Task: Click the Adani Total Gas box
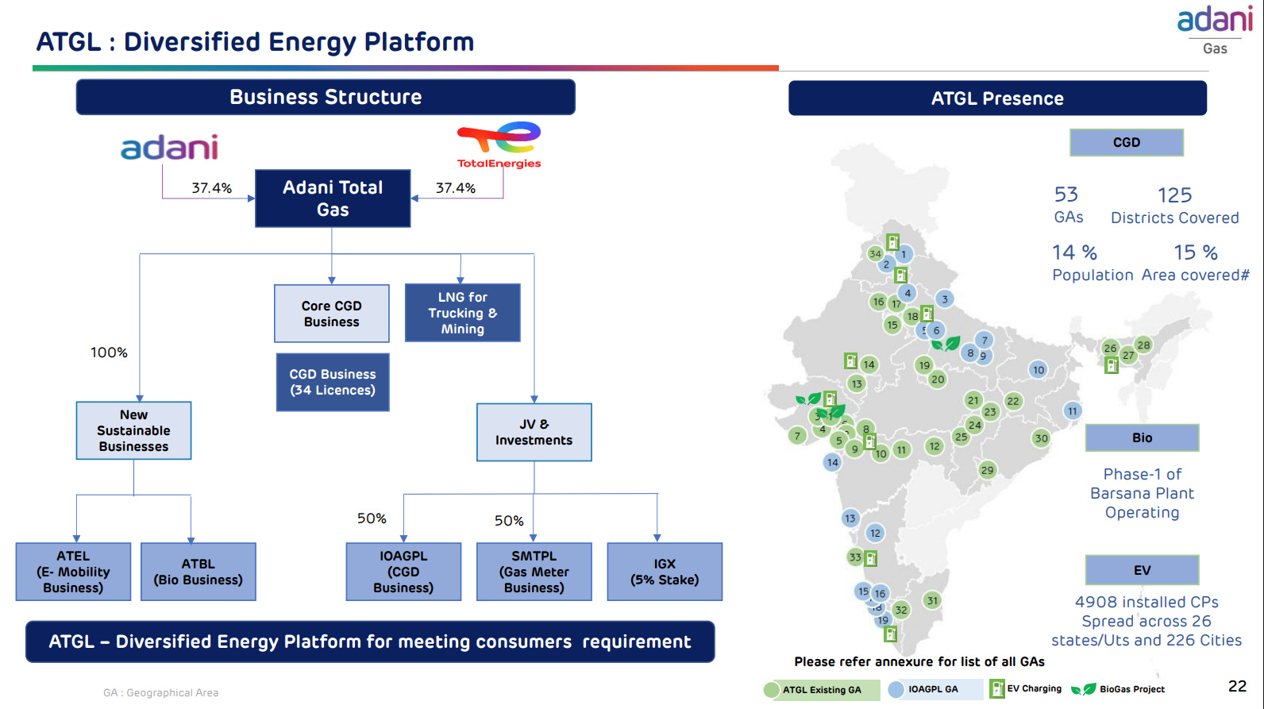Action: pyautogui.click(x=333, y=198)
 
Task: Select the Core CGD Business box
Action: pyautogui.click(x=332, y=314)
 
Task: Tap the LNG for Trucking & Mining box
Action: pyautogui.click(x=463, y=313)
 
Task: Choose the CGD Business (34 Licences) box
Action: pyautogui.click(x=333, y=382)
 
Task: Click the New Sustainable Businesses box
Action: pyautogui.click(x=133, y=430)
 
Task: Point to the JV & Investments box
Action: pyautogui.click(x=534, y=432)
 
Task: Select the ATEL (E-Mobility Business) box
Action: pyautogui.click(x=73, y=572)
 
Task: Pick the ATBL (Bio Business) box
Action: pyautogui.click(x=198, y=572)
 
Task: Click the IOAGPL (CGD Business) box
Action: pyautogui.click(x=403, y=572)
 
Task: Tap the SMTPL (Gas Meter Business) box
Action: pyautogui.click(x=534, y=572)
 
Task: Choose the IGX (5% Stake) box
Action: pyautogui.click(x=665, y=572)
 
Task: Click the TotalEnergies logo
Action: pyautogui.click(x=499, y=145)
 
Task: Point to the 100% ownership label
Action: pyautogui.click(x=109, y=353)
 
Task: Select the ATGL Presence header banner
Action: pyautogui.click(x=997, y=98)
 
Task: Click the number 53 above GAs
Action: pyautogui.click(x=1066, y=195)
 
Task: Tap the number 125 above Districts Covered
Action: pyautogui.click(x=1174, y=195)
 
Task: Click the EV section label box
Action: pyautogui.click(x=1142, y=570)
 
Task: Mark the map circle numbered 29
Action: pyautogui.click(x=987, y=470)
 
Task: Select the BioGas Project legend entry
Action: pyautogui.click(x=1119, y=689)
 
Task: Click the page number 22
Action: pyautogui.click(x=1237, y=686)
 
